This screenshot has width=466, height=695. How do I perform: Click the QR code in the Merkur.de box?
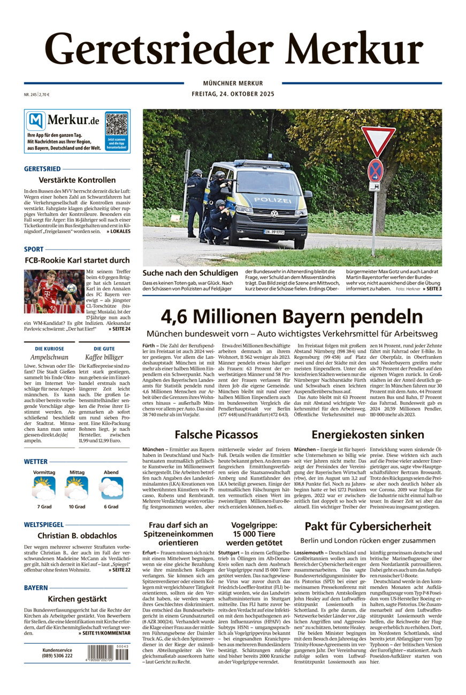[x=116, y=123]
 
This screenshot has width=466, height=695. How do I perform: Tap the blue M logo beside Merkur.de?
[x=36, y=121]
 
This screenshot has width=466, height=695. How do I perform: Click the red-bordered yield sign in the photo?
[x=378, y=140]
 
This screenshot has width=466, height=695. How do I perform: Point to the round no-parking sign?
[x=375, y=170]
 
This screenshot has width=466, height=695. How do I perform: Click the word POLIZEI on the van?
[x=273, y=200]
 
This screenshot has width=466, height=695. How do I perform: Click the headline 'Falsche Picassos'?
[x=216, y=434]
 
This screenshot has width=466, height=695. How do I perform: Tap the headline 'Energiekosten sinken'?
[x=368, y=434]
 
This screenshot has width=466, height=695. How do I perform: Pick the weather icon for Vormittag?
[x=44, y=488]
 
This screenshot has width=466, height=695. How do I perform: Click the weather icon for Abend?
[x=111, y=488]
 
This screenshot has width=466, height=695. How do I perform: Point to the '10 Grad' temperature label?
[x=77, y=506]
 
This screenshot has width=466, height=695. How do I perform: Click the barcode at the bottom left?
[x=108, y=653]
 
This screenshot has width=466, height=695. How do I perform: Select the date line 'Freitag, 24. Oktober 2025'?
[x=233, y=94]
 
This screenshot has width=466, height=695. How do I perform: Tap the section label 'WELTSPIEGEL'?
[x=43, y=524]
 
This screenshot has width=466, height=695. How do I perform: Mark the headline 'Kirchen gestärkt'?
[x=77, y=599]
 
